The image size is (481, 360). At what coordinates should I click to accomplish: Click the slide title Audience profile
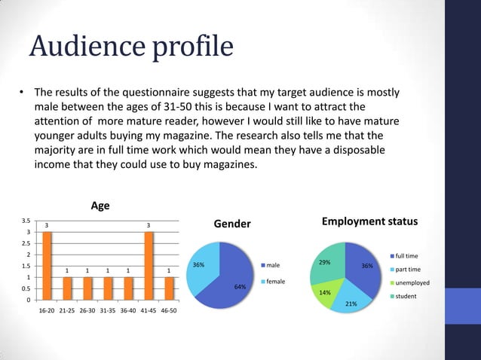coord(130,47)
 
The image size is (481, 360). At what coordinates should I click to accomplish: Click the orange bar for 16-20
coord(47,265)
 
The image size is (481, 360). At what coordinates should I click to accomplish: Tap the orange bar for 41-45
coord(149,265)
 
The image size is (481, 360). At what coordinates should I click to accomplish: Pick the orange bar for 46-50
coord(169,288)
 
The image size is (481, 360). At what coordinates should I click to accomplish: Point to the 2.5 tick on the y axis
coord(26,243)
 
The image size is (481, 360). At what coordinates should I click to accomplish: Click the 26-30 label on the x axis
coord(87,310)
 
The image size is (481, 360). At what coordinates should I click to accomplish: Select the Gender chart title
coord(232,224)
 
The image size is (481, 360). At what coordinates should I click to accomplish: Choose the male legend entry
coord(272,265)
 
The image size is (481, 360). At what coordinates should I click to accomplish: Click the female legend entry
coord(274,281)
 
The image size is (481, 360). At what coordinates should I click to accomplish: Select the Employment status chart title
coord(369,221)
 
